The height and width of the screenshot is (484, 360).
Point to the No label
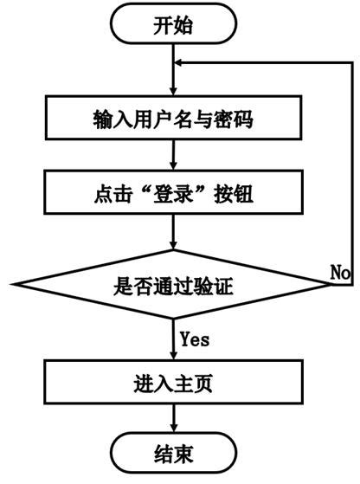pyautogui.click(x=340, y=271)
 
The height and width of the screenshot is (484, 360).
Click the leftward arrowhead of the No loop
pyautogui.click(x=182, y=63)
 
